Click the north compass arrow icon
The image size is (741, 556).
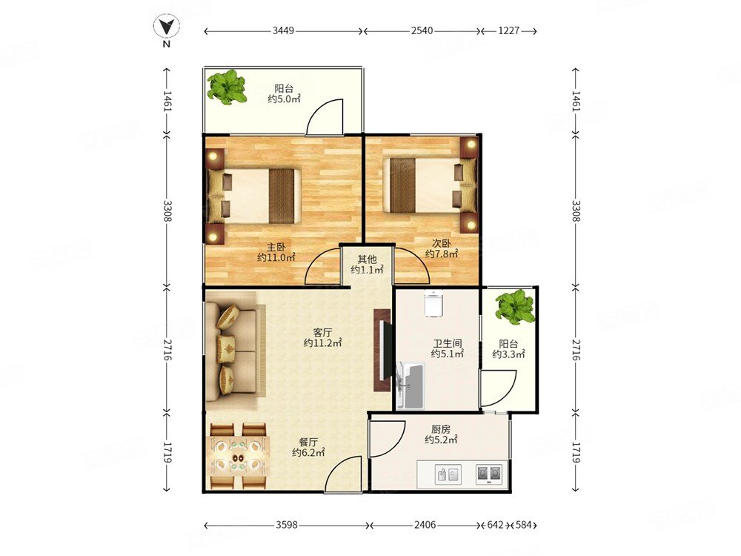click(166, 27)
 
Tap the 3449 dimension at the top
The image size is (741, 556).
click(283, 30)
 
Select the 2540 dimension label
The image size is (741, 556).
click(422, 30)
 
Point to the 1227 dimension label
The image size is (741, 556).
click(508, 30)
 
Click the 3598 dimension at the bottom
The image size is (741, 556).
click(287, 525)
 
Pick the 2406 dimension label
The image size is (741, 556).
click(425, 525)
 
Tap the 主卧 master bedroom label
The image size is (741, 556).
click(276, 248)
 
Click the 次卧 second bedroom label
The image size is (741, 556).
click(441, 243)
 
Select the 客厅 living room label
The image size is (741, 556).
click(322, 332)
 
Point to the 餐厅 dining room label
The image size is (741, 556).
click(308, 443)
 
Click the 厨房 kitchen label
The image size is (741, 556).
click(440, 429)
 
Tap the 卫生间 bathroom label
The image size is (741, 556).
click(447, 343)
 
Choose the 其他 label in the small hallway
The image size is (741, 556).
click(367, 259)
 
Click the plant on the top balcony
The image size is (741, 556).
click(227, 87)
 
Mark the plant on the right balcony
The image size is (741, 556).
click(515, 308)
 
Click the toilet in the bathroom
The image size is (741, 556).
click(433, 303)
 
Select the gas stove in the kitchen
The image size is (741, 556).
click(489, 473)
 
